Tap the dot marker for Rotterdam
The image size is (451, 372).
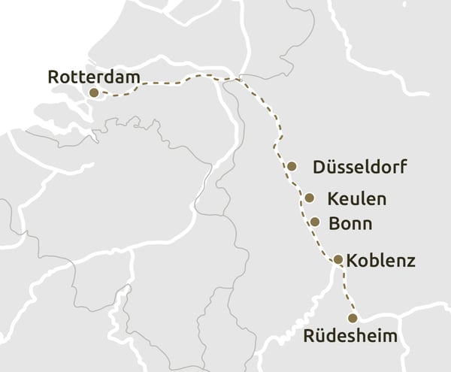pyautogui.click(x=94, y=92)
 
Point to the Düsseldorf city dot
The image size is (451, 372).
pyautogui.click(x=292, y=166)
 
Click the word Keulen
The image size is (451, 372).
pyautogui.click(x=357, y=199)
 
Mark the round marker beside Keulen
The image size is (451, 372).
pyautogui.click(x=310, y=198)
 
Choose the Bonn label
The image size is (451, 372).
pyautogui.click(x=350, y=223)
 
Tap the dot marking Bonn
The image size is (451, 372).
pyautogui.click(x=315, y=222)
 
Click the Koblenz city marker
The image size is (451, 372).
pyautogui.click(x=338, y=259)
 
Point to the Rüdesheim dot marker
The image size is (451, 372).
pyautogui.click(x=353, y=318)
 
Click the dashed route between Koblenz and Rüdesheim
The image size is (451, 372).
pyautogui.click(x=346, y=289)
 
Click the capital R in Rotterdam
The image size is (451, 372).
pyautogui.click(x=53, y=77)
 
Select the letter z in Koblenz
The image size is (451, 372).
pyautogui.click(x=410, y=262)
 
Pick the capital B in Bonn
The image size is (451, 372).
pyautogui.click(x=334, y=223)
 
